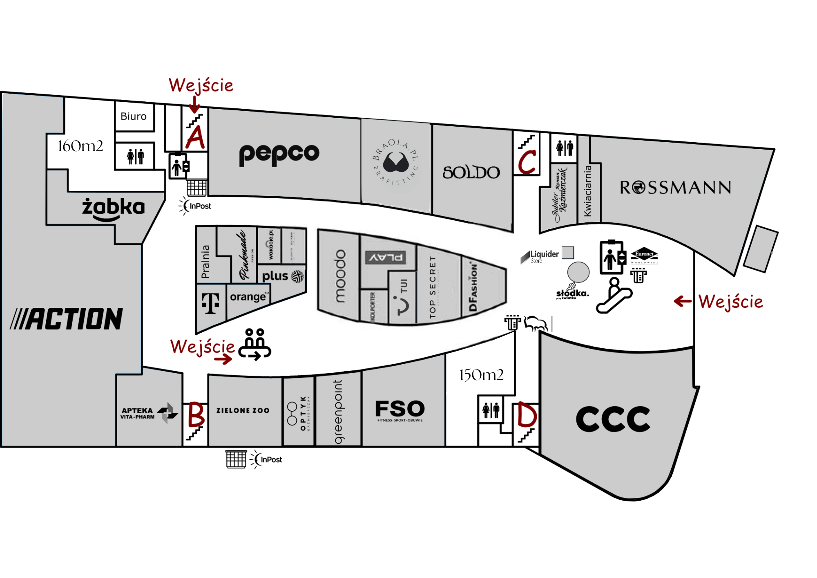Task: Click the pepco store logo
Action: pos(279,154)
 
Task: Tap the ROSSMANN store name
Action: pos(675,188)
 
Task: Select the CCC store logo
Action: pos(613,419)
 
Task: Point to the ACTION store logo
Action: pos(67,319)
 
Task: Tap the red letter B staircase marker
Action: pos(196,414)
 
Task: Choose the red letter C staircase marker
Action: pos(527,161)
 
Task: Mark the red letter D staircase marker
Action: pos(527,414)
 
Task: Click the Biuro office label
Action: pos(133,116)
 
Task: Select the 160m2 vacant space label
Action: pos(80,146)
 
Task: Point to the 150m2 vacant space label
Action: pos(481,375)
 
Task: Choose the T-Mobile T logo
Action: pos(210,303)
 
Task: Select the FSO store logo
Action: pos(400,410)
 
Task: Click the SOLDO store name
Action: pos(471,173)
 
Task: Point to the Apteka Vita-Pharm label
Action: pos(138,413)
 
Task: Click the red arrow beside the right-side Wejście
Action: pos(683,302)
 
